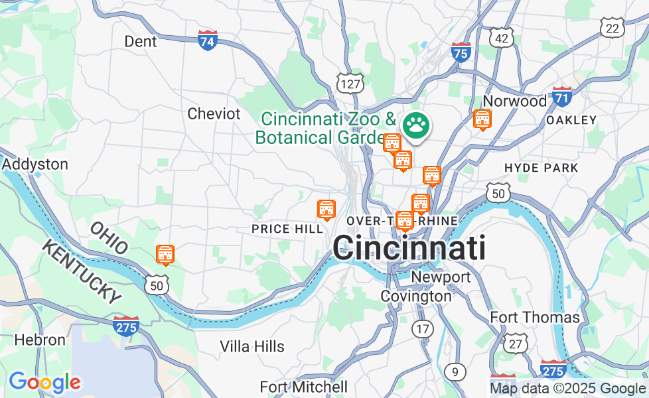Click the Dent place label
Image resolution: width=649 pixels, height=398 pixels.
(141, 42)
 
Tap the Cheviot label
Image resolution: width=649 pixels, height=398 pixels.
(214, 113)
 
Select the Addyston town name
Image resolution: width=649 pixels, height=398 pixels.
(35, 164)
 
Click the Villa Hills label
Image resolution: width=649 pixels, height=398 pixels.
(252, 346)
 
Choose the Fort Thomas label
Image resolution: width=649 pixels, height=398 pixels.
(535, 318)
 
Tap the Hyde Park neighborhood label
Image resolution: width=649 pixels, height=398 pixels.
(541, 168)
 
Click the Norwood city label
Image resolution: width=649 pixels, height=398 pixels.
(515, 101)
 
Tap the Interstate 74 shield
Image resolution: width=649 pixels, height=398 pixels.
(208, 40)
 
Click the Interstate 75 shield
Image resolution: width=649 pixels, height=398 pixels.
(461, 52)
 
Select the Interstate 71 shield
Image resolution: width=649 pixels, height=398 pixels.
(562, 97)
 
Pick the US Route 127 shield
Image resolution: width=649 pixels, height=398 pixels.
(350, 82)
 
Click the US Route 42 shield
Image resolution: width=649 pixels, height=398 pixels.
(502, 37)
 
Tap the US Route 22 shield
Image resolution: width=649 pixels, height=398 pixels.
(612, 27)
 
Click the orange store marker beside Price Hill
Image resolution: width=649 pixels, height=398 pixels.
(326, 210)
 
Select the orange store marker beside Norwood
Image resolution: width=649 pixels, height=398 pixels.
(482, 120)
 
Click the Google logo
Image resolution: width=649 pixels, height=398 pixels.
(44, 382)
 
